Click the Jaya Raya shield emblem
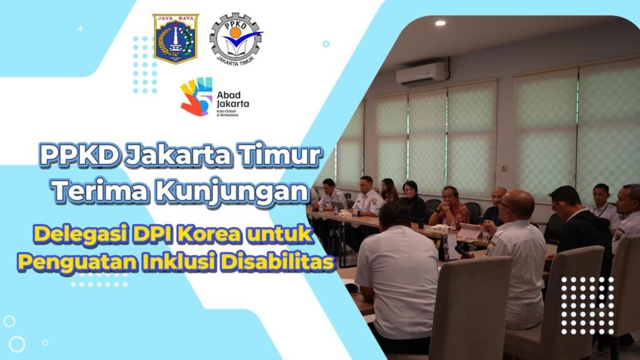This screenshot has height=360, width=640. click(x=176, y=39)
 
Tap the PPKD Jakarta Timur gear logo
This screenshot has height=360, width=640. click(x=236, y=39)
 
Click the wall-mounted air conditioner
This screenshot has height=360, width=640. click(x=422, y=74)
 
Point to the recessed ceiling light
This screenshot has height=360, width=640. click(x=441, y=23)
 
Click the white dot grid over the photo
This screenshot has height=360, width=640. click(x=587, y=306)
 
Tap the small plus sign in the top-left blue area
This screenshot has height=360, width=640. click(x=81, y=29)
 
